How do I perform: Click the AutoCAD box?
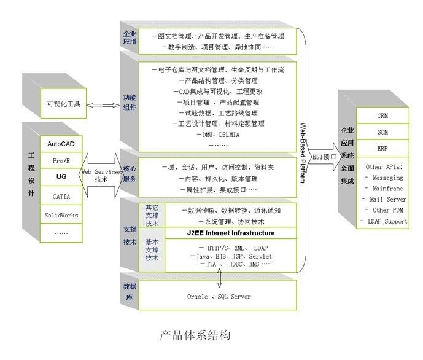(x=61, y=143)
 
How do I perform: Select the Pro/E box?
(x=61, y=160)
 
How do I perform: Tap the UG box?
(x=61, y=177)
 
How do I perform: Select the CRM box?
(x=382, y=115)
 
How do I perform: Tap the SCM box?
(x=382, y=132)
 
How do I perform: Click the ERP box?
(x=382, y=149)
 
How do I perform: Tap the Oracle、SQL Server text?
(x=219, y=297)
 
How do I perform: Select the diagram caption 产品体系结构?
(x=195, y=335)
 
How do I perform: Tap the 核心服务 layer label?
(x=130, y=173)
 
